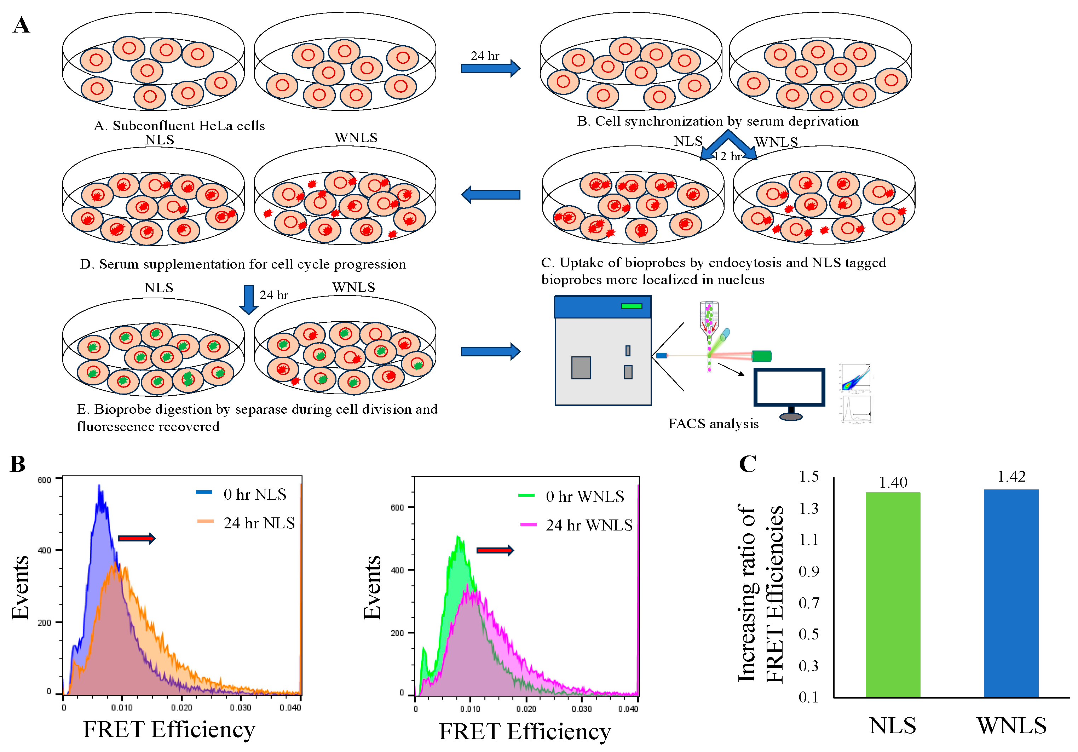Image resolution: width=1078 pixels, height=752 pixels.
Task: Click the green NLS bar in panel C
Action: [893, 594]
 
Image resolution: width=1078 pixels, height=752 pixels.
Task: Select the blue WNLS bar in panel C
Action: [1011, 593]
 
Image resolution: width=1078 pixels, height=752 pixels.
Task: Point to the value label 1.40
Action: [893, 482]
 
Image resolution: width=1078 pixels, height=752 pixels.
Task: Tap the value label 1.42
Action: [1011, 477]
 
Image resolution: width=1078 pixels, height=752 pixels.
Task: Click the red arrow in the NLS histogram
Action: [136, 538]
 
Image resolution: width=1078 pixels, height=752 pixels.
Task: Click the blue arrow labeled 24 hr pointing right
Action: [490, 68]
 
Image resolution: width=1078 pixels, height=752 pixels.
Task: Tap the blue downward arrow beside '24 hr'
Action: [248, 299]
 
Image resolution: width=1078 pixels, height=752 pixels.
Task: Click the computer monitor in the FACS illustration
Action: [789, 388]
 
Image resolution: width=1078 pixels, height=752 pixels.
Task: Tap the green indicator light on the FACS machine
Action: [631, 306]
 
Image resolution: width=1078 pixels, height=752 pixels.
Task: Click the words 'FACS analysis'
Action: [713, 424]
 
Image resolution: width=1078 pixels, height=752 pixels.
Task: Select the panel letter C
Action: [748, 464]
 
